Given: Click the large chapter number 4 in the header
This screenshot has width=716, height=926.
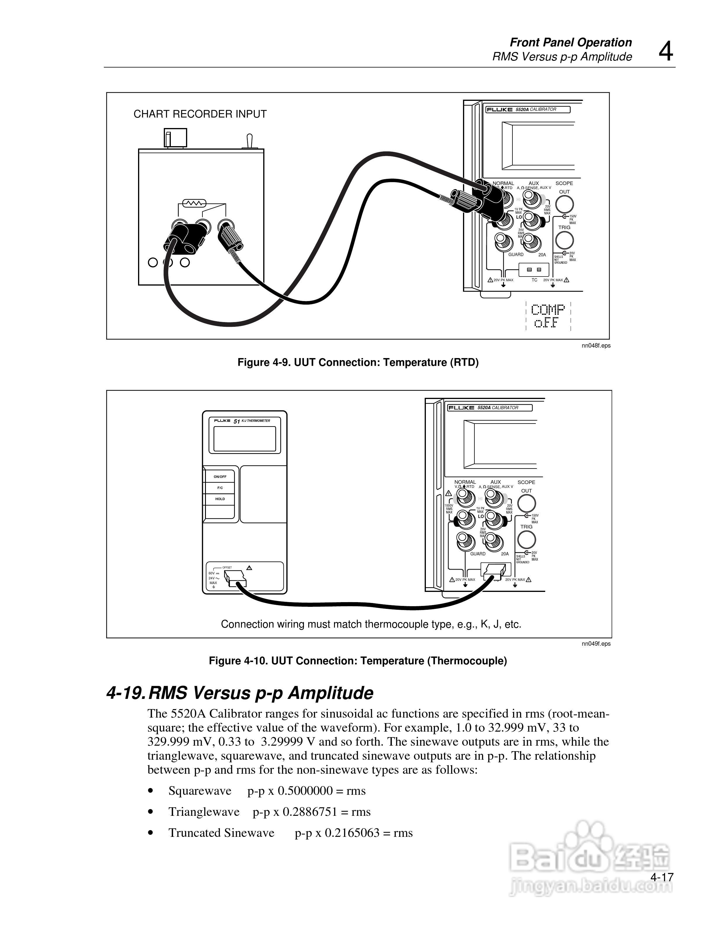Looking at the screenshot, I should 665,52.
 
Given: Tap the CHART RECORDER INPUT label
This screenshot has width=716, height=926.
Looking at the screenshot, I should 200,114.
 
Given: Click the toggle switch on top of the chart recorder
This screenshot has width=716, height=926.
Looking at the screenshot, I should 249,141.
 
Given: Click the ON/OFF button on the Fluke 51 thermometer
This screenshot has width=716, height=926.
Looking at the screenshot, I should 220,476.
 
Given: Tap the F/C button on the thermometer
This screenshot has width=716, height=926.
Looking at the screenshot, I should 220,488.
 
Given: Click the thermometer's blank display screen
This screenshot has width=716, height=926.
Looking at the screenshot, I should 244,438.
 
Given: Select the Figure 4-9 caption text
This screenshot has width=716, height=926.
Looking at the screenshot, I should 358,362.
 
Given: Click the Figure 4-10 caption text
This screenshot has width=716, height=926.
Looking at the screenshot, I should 358,661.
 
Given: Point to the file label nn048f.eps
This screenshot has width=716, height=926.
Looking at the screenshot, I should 596,345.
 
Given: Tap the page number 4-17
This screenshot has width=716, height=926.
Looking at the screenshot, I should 662,877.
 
